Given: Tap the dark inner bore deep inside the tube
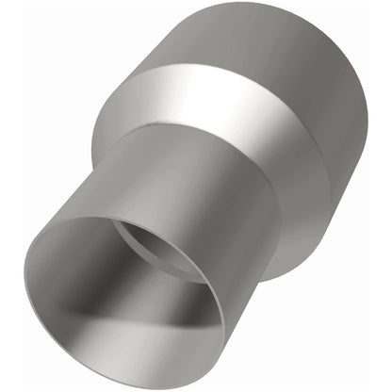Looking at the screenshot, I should tap(155, 247).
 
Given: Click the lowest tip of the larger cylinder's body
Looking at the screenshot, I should tap(273, 278).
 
